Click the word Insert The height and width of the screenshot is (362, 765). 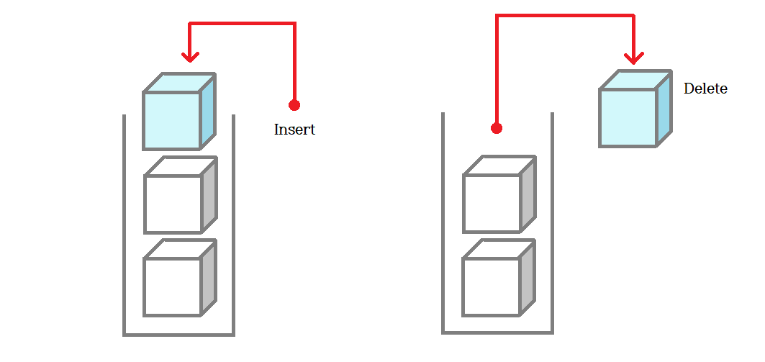[294, 130]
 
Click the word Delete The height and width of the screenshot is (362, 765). [705, 89]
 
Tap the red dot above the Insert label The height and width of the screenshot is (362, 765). [294, 105]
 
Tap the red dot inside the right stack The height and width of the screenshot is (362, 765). [496, 128]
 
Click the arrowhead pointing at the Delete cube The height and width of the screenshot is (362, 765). [634, 58]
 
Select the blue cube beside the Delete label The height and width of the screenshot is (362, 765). [628, 117]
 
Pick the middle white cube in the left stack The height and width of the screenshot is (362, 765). [173, 203]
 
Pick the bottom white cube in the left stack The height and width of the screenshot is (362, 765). [173, 286]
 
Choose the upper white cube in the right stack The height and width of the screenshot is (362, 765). [492, 202]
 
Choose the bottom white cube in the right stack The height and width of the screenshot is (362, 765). [492, 286]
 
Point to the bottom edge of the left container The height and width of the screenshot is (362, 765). [179, 335]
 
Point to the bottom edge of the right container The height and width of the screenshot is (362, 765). [497, 333]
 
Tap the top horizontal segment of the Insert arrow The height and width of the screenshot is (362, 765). [242, 24]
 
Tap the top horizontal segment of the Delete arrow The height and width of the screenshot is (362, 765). [565, 15]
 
